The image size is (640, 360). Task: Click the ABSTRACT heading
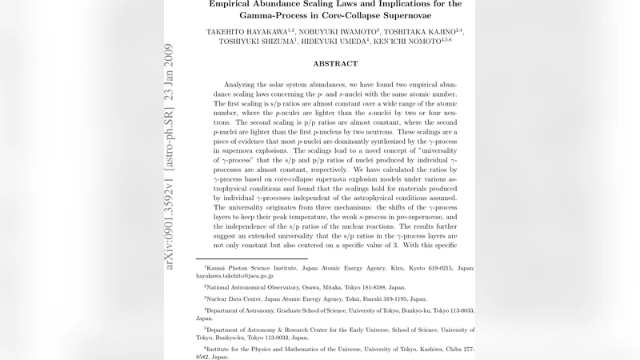click(335, 63)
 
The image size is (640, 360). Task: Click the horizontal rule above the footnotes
click(251, 258)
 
